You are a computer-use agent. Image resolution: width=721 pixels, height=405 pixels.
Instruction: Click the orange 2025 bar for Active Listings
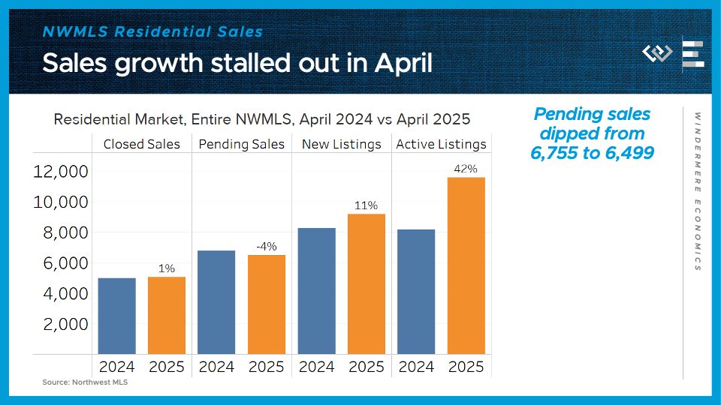pos(466,265)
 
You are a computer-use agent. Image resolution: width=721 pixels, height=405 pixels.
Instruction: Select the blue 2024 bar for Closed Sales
pos(116,316)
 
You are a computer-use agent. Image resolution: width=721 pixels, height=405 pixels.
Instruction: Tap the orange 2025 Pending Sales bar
pos(267,304)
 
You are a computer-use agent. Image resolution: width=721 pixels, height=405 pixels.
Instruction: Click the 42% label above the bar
pos(466,169)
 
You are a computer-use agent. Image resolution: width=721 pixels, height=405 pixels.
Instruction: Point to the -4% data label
pos(267,247)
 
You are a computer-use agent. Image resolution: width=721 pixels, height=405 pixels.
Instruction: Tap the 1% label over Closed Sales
pos(167,268)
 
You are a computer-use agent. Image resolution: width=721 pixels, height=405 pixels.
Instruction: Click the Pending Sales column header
pos(242,144)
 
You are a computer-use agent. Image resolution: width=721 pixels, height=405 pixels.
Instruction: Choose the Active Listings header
pos(441,144)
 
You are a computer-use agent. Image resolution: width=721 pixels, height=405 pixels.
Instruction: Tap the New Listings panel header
pos(341,144)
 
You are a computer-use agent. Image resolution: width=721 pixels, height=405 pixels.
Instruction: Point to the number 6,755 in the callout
pos(563,152)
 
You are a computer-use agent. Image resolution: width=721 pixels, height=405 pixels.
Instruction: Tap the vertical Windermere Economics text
pos(698,191)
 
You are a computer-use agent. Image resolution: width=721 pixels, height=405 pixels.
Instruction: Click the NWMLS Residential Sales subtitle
pos(152,31)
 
